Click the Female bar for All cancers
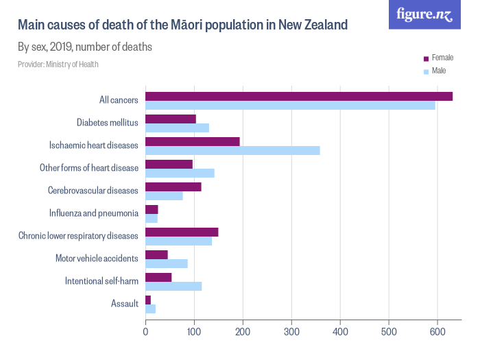pyautogui.click(x=299, y=96)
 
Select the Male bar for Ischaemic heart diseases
pyautogui.click(x=232, y=150)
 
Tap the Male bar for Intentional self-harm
pyautogui.click(x=173, y=286)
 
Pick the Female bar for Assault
pyautogui.click(x=148, y=300)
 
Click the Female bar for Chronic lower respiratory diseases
pyautogui.click(x=182, y=232)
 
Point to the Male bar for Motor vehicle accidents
pyautogui.click(x=167, y=263)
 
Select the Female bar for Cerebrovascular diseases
pyautogui.click(x=173, y=187)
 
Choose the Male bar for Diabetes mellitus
pyautogui.click(x=177, y=128)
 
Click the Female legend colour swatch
pyautogui.click(x=426, y=58)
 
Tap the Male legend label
pyautogui.click(x=439, y=71)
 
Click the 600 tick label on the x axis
pyautogui.click(x=437, y=332)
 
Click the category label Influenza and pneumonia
pyautogui.click(x=94, y=213)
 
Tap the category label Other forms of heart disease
pyautogui.click(x=89, y=168)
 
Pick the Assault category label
pyautogui.click(x=125, y=304)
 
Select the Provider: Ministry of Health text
pyautogui.click(x=58, y=64)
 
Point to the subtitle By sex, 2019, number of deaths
pyautogui.click(x=84, y=47)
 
